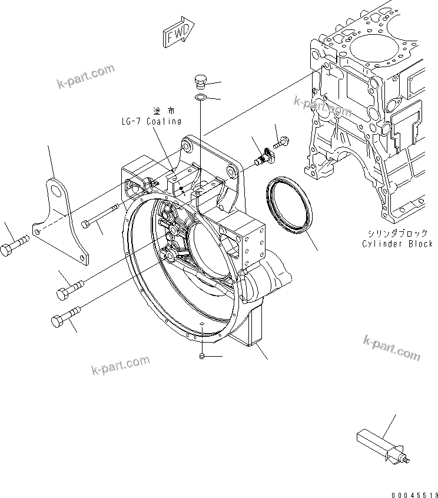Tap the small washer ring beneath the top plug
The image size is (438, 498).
[x=200, y=97]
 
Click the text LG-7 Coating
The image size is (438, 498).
[x=148, y=121]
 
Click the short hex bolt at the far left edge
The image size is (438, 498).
[x=13, y=247]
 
